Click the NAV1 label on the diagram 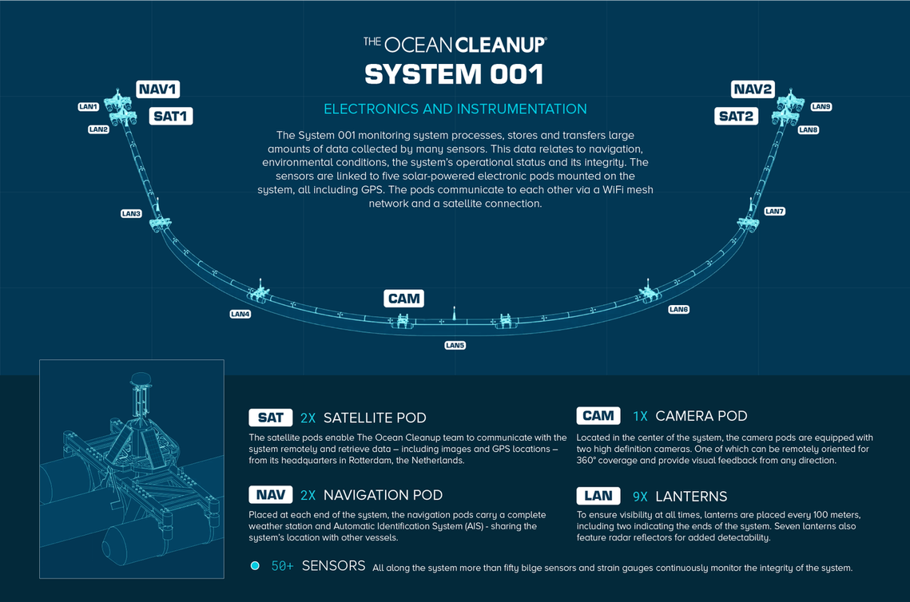tap(158, 89)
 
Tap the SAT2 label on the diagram tap(736, 116)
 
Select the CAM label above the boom tap(404, 298)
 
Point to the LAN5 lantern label tap(455, 345)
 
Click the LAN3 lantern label tap(131, 213)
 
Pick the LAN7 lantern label tap(774, 211)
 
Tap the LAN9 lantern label tap(821, 107)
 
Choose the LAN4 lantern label tap(240, 314)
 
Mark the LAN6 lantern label tap(678, 309)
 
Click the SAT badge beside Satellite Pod tap(271, 418)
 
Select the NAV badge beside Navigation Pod tap(271, 495)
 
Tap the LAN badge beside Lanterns tap(598, 496)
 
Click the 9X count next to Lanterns tap(640, 497)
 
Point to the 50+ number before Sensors tap(283, 566)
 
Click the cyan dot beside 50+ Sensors tap(255, 565)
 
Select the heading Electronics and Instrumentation tap(455, 109)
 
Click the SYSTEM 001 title tap(455, 74)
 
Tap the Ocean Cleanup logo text tap(455, 45)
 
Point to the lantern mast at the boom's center tap(455, 313)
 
